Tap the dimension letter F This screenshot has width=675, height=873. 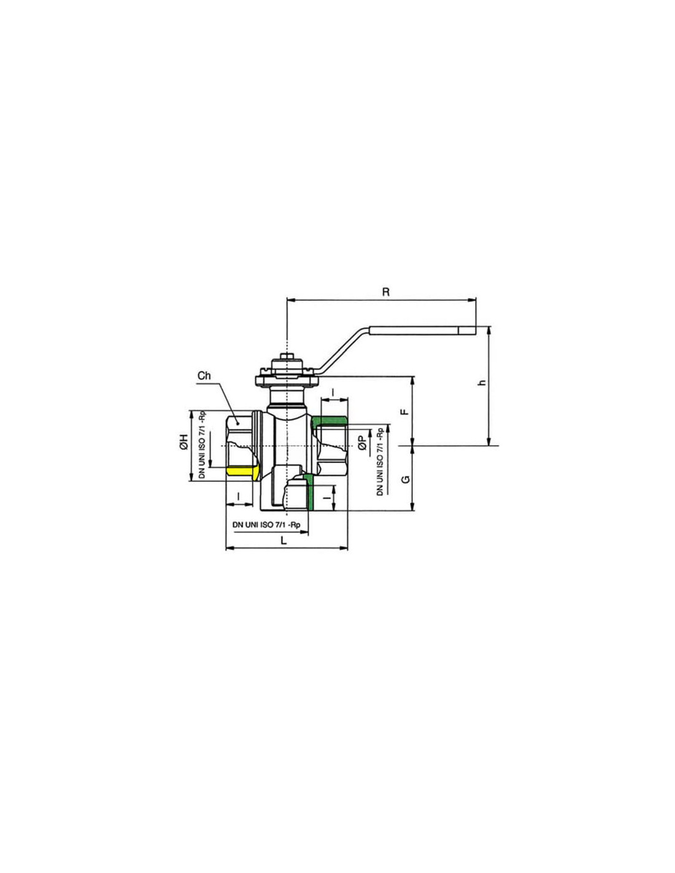tap(405, 411)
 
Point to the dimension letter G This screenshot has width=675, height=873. tap(406, 479)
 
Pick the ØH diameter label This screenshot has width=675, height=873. tap(183, 441)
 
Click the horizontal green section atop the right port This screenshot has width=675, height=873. tap(330, 421)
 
